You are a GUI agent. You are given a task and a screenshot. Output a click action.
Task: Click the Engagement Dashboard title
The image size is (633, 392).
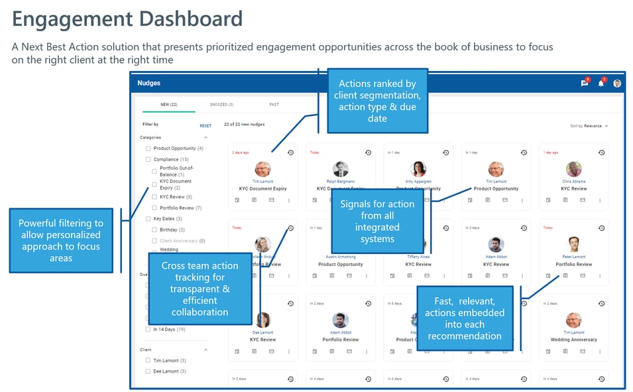127,19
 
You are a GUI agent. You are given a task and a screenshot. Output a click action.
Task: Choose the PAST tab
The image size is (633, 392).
274,104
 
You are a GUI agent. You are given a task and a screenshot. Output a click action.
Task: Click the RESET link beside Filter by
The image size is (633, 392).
205,125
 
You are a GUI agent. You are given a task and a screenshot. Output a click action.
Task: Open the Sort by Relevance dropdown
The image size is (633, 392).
589,125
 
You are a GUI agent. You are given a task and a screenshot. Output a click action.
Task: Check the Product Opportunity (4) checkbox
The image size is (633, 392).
148,149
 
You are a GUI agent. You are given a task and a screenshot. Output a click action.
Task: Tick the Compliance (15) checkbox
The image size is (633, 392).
148,159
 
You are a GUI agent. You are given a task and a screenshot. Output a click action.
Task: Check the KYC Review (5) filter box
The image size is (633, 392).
155,197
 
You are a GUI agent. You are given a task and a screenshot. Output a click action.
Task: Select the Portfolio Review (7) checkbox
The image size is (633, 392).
155,208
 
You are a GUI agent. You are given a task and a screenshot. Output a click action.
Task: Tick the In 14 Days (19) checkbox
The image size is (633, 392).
148,329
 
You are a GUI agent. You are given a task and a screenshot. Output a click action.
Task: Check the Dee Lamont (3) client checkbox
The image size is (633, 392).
148,371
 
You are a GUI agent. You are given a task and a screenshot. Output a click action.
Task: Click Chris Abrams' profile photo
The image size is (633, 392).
573,169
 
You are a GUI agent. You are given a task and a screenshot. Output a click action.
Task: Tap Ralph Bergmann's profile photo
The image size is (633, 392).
341,169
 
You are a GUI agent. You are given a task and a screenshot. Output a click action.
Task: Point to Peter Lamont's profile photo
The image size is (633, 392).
573,244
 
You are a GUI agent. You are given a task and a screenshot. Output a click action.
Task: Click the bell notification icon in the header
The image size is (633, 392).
601,84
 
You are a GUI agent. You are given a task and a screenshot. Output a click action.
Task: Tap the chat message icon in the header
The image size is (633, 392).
584,84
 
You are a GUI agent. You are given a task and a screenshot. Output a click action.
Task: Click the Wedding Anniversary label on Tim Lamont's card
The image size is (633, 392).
573,340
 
